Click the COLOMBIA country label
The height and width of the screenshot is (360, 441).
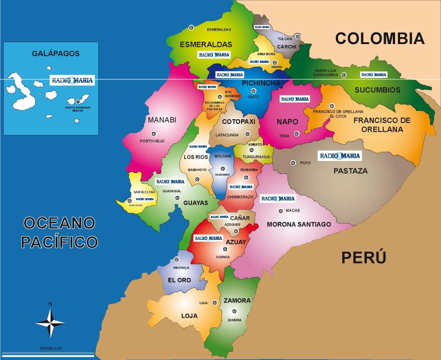coord(380,39)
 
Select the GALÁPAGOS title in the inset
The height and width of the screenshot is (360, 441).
coord(56,53)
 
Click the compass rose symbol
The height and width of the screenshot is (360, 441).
coord(51,322)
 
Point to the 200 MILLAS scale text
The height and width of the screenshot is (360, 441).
coord(51,348)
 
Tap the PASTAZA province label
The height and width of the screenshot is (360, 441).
coord(351,171)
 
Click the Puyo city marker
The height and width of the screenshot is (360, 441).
coord(293,163)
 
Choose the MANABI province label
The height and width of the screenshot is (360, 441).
coord(162,120)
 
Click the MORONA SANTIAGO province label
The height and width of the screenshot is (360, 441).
coord(299,224)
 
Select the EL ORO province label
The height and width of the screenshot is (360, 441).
coord(179,280)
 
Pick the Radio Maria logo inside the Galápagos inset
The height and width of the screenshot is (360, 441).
coord(73,80)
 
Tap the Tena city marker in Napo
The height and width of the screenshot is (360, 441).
coord(296,134)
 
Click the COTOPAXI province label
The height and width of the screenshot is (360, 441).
coord(238,122)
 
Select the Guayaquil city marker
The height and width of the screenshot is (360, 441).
coord(177,198)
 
